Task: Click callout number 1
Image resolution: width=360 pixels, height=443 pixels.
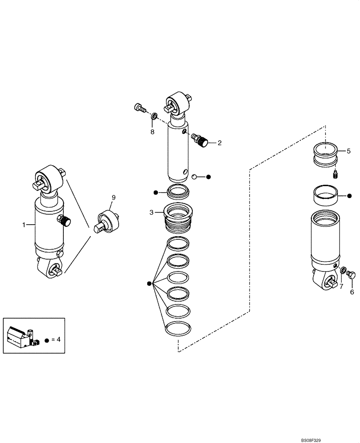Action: (x=24, y=225)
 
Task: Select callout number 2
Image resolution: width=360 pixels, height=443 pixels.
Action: (x=219, y=143)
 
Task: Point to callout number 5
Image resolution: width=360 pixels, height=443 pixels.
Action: (x=348, y=151)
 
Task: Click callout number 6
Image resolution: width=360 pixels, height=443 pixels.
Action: (x=352, y=292)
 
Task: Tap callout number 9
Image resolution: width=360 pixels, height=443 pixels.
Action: (x=113, y=197)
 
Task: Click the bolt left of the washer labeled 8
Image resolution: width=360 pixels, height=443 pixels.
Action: (x=140, y=107)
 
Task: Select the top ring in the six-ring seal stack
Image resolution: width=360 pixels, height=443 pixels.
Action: (x=178, y=243)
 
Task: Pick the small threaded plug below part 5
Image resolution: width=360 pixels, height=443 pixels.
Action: (x=336, y=175)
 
